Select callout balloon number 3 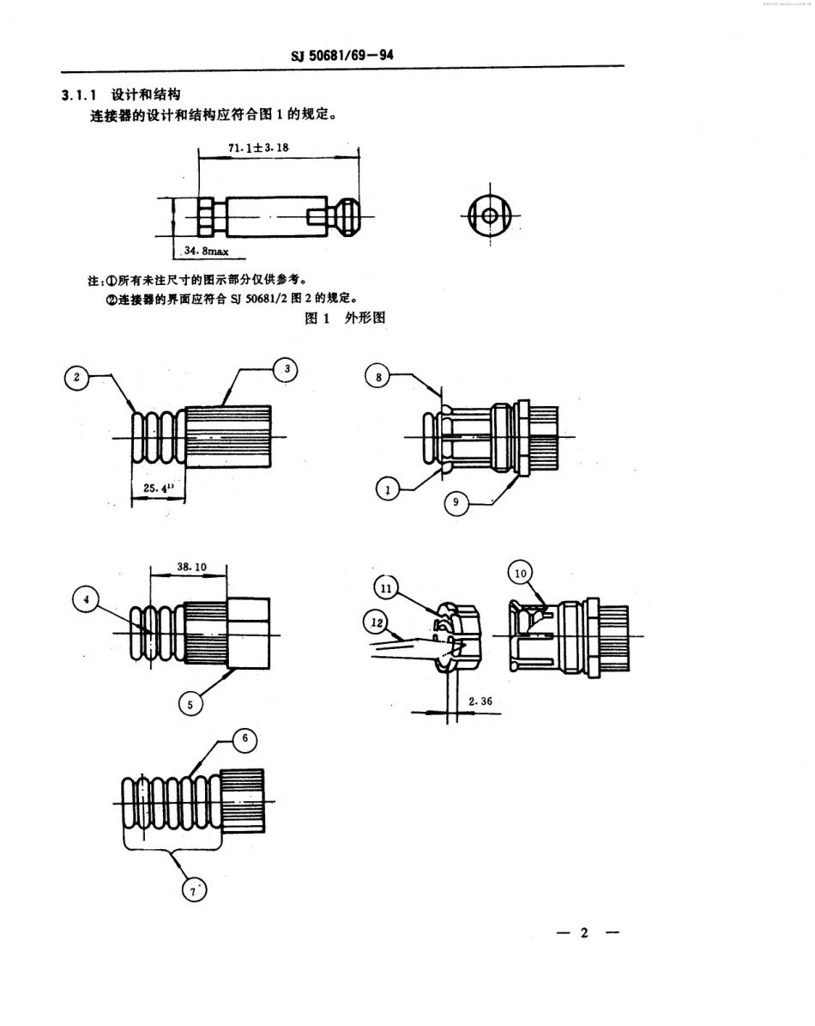[x=287, y=369]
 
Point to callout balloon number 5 [x=190, y=703]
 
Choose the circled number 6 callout [x=244, y=738]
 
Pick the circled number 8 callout [x=377, y=375]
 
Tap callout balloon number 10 [x=522, y=572]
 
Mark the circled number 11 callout [x=387, y=588]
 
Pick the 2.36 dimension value [x=481, y=701]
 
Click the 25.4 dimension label [x=154, y=487]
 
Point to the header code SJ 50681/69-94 [x=342, y=58]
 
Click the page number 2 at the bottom [x=583, y=933]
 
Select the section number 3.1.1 [x=81, y=95]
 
